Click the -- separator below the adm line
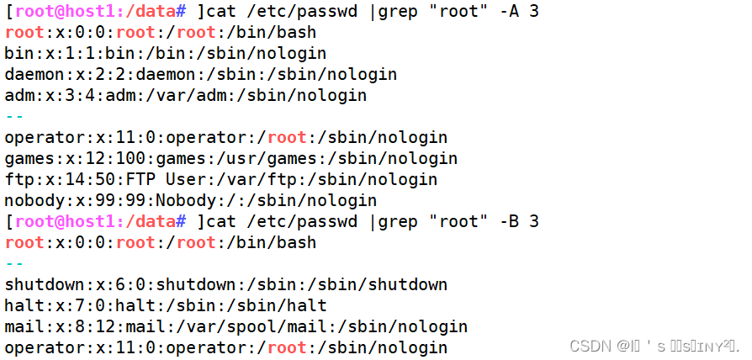(x=14, y=117)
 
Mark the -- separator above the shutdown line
(x=14, y=264)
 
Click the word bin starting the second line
(x=19, y=54)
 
